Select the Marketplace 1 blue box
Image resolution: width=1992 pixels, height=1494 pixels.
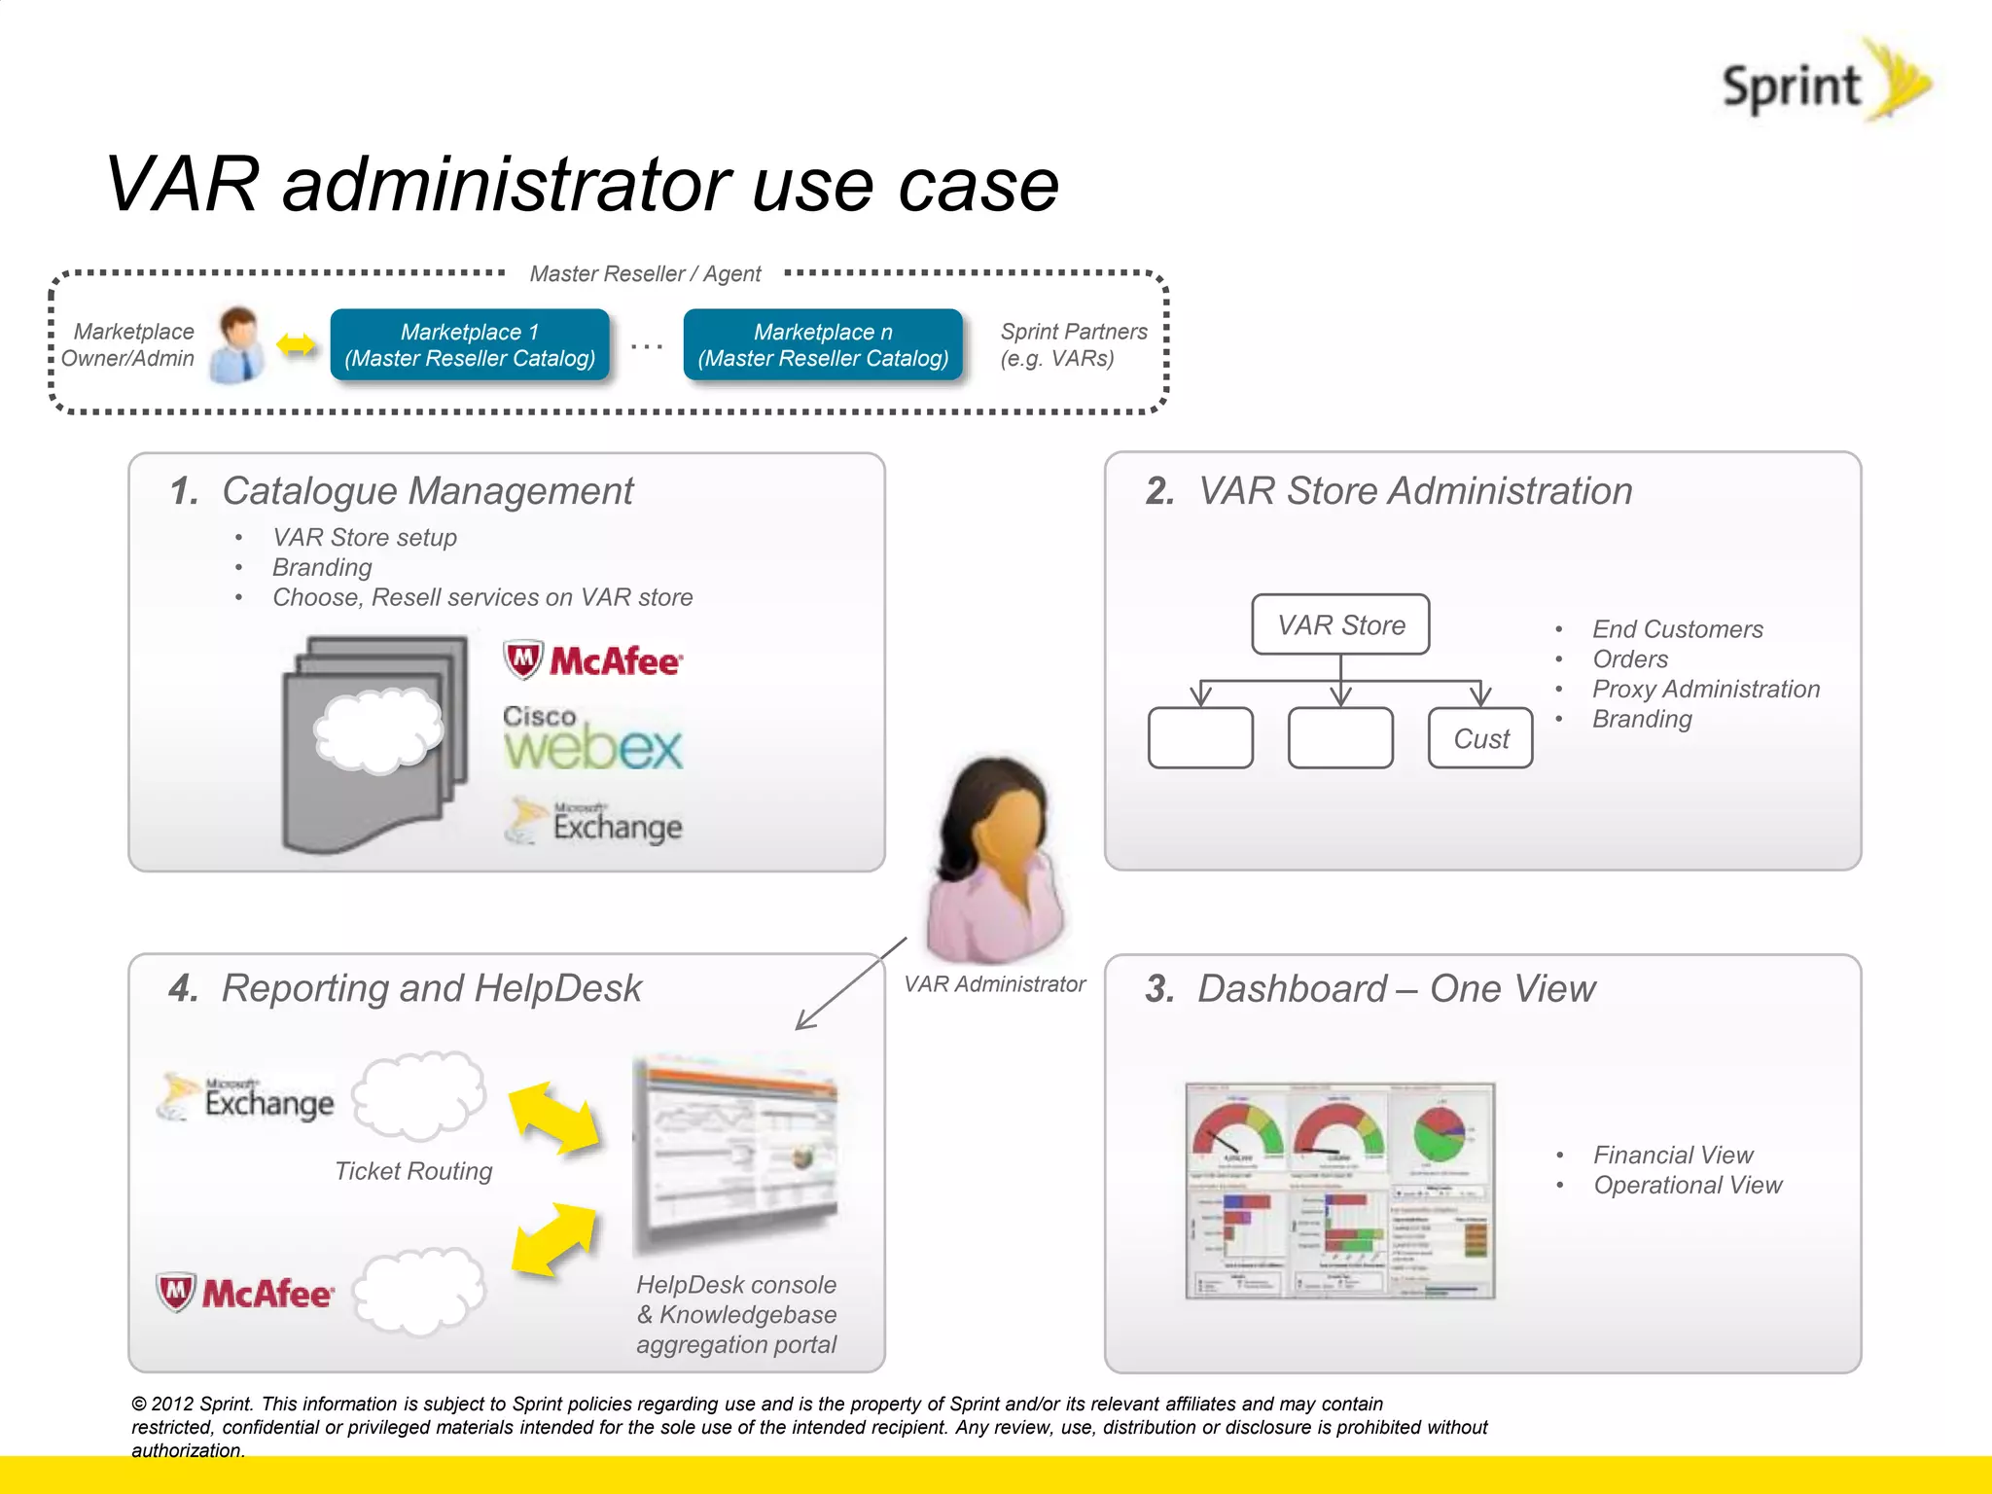(x=470, y=345)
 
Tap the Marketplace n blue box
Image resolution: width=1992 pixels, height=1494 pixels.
(x=823, y=345)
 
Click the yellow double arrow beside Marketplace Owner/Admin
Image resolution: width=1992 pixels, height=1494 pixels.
(x=296, y=345)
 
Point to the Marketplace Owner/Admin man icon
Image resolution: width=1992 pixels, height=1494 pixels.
(x=239, y=344)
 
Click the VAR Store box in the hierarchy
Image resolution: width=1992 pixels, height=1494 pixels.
(x=1340, y=624)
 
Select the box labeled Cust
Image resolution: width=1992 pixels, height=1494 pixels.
(x=1480, y=738)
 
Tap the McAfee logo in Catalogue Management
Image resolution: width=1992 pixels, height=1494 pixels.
(x=593, y=660)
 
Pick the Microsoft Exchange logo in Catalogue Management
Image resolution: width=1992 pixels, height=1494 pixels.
(x=594, y=823)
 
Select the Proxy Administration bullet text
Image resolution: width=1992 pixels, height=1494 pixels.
(x=1705, y=689)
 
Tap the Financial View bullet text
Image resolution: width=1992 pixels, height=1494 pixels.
(x=1672, y=1155)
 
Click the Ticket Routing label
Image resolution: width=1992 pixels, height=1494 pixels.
(x=413, y=1171)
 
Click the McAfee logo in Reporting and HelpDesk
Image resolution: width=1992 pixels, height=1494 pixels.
(x=245, y=1293)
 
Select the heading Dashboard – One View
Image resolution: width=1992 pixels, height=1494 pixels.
(x=1396, y=988)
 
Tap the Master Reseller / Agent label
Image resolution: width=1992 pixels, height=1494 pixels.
(x=645, y=274)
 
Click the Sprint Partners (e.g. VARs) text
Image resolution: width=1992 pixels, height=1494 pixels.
(x=1073, y=345)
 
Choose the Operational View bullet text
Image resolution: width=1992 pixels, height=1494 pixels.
(x=1687, y=1185)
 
